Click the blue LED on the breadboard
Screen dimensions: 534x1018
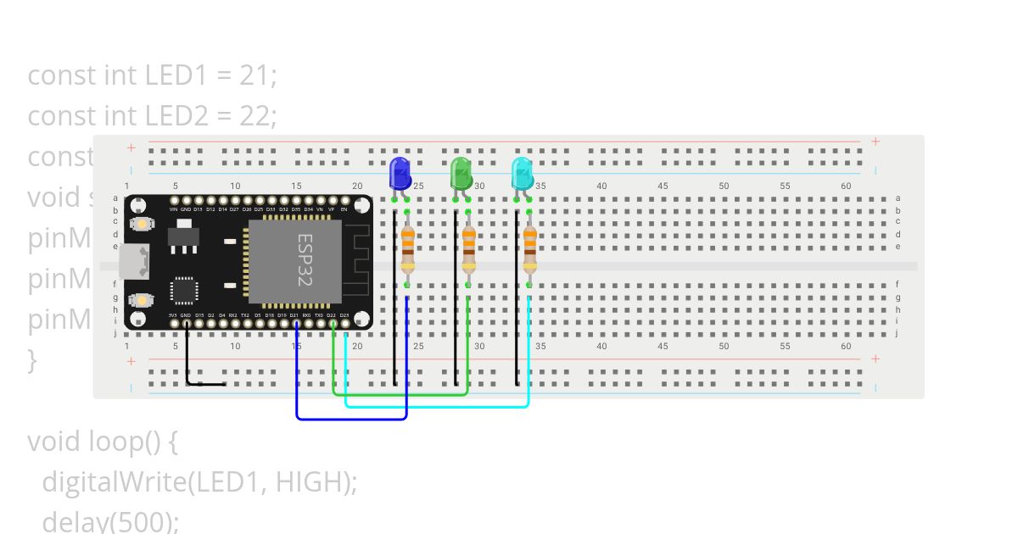[x=399, y=174]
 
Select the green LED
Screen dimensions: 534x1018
[x=460, y=174]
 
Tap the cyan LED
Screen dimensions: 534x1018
[x=522, y=174]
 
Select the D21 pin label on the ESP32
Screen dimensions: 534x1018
[x=294, y=315]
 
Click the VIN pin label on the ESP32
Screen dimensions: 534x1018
[x=173, y=209]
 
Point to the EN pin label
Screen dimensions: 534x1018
[x=344, y=209]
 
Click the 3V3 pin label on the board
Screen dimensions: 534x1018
[x=173, y=315]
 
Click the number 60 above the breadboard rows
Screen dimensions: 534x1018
[x=846, y=186]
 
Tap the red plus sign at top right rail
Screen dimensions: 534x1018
[x=875, y=142]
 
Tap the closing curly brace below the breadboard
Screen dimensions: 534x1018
[x=32, y=360]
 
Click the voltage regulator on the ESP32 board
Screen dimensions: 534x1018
[x=184, y=236]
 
